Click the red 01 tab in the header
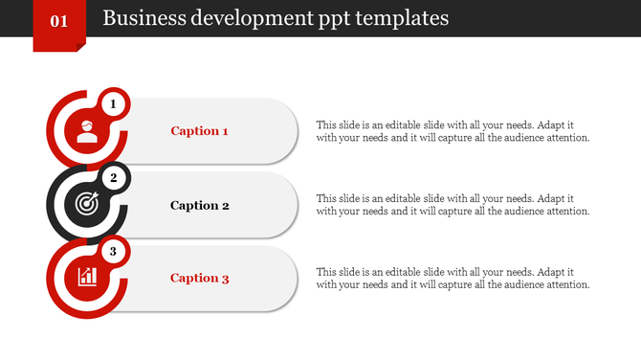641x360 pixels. pos(59,22)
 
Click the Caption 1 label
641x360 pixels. pos(199,131)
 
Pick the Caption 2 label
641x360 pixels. pos(199,205)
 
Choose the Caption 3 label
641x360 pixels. pos(199,279)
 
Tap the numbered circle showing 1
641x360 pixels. pos(113,103)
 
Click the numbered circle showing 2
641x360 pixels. pos(113,177)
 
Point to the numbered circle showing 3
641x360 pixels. pos(113,252)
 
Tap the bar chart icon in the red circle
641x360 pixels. pos(87,278)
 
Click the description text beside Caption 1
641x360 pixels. pos(452,131)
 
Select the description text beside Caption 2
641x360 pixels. pos(452,205)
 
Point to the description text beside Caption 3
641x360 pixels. pos(452,278)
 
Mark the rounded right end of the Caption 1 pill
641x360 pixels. pos(282,131)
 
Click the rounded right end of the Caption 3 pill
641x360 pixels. pos(282,279)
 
